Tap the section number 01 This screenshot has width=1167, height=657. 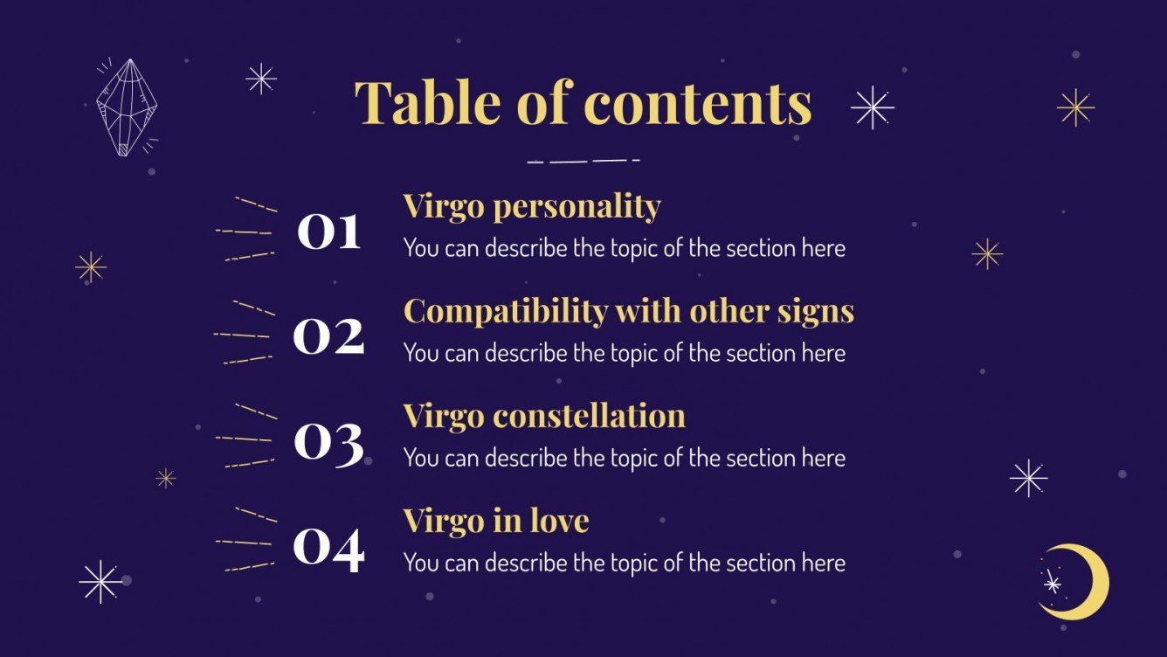coord(328,232)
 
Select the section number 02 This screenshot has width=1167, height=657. coord(328,336)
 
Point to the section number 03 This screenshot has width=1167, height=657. coord(328,441)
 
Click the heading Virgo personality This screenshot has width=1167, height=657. coord(531,207)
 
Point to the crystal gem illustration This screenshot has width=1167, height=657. coord(126,107)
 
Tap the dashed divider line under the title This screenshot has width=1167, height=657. coord(583,161)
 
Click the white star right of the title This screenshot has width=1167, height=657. coord(872,107)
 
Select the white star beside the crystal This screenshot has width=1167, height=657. coord(260,79)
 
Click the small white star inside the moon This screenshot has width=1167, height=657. coord(1053,584)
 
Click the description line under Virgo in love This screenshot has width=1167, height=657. coord(624,564)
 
